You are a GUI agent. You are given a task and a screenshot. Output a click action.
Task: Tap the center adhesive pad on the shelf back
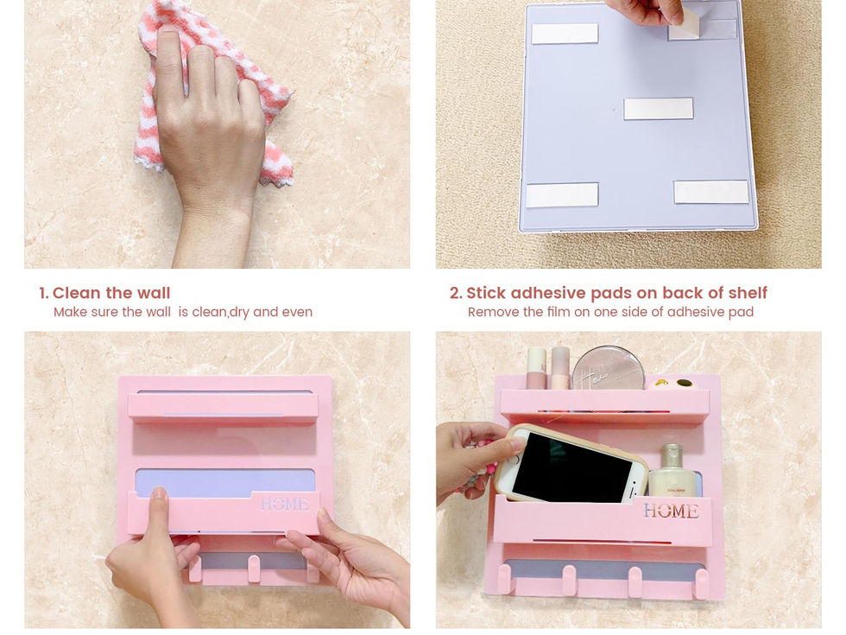pos(658,109)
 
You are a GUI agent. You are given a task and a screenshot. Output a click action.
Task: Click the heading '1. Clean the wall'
pos(104,293)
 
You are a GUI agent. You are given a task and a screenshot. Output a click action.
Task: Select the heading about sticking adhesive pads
pos(608,293)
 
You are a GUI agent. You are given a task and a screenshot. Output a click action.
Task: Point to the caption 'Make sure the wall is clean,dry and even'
pos(183,312)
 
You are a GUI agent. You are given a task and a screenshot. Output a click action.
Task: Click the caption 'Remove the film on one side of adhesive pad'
pos(610,312)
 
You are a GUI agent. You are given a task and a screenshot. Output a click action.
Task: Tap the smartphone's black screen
pos(571,467)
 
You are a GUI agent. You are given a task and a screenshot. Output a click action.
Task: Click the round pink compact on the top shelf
pos(609,369)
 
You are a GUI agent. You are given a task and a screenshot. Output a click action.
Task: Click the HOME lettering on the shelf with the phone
pos(671,511)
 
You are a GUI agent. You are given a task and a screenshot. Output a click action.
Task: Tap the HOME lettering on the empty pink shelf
pos(284,505)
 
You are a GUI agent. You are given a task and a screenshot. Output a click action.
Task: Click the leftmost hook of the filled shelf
pos(505,578)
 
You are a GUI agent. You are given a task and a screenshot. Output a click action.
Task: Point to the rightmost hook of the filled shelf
pos(701,583)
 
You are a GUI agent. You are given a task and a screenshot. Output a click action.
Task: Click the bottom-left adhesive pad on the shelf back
pos(562,195)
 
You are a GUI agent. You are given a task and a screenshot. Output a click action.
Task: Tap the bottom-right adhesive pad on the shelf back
pos(711,192)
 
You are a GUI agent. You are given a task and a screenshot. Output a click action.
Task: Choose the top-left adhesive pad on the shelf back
pos(565,34)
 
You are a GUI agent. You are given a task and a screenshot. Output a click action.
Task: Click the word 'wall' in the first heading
pos(154,293)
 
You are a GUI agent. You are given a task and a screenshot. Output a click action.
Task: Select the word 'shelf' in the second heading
pos(748,293)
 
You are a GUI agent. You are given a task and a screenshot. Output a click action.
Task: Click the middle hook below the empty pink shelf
pos(254,568)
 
